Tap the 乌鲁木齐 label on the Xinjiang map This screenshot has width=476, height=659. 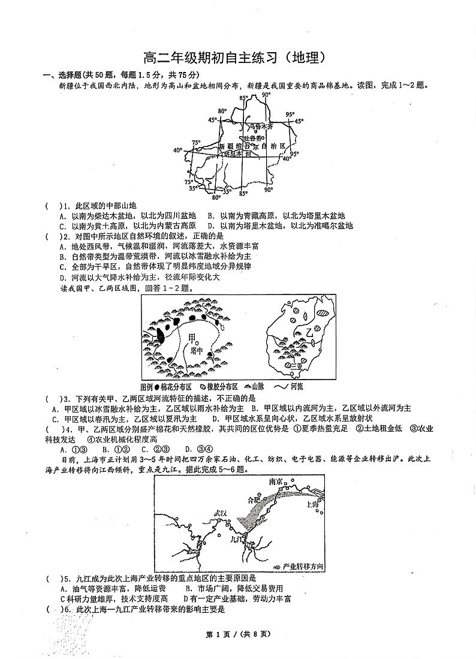[261, 127]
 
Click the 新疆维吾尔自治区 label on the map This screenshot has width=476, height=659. [254, 146]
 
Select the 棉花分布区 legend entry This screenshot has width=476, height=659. [173, 387]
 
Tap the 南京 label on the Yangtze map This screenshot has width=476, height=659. [276, 482]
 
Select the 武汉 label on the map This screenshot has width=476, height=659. [220, 514]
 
